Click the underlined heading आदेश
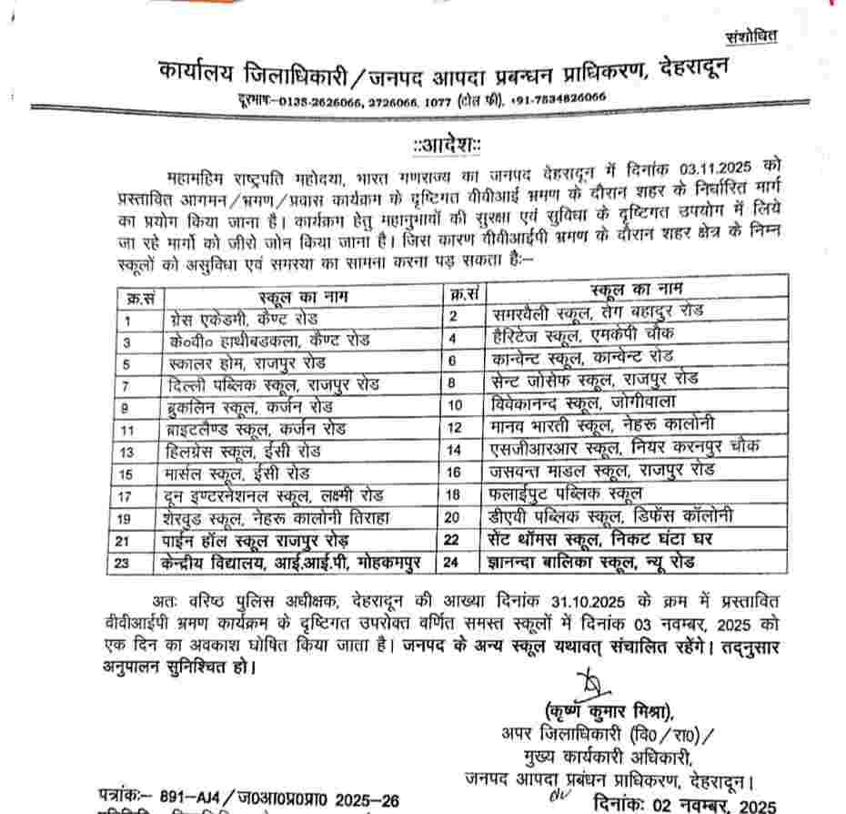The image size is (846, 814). [x=446, y=146]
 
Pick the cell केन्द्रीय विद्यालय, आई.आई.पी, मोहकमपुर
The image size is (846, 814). [x=278, y=564]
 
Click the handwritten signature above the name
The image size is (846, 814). [x=590, y=684]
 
